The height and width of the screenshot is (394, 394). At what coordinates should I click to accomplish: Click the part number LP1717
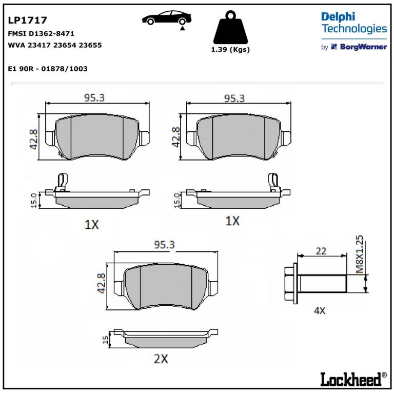pyautogui.click(x=27, y=20)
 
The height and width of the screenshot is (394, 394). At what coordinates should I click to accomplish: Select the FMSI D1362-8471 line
pyautogui.click(x=41, y=33)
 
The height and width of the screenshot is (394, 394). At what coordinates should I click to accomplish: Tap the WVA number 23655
pyautogui.click(x=90, y=45)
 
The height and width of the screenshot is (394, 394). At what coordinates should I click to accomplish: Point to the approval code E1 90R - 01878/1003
pyautogui.click(x=48, y=69)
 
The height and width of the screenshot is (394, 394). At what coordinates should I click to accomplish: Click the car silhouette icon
pyautogui.click(x=167, y=18)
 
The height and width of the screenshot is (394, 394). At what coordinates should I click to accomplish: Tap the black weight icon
pyautogui.click(x=230, y=27)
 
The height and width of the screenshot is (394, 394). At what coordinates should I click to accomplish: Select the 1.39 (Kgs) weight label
pyautogui.click(x=230, y=49)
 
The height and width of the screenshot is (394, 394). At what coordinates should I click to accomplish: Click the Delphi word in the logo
pyautogui.click(x=338, y=16)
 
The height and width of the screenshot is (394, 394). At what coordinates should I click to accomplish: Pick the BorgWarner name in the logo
pyautogui.click(x=363, y=47)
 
